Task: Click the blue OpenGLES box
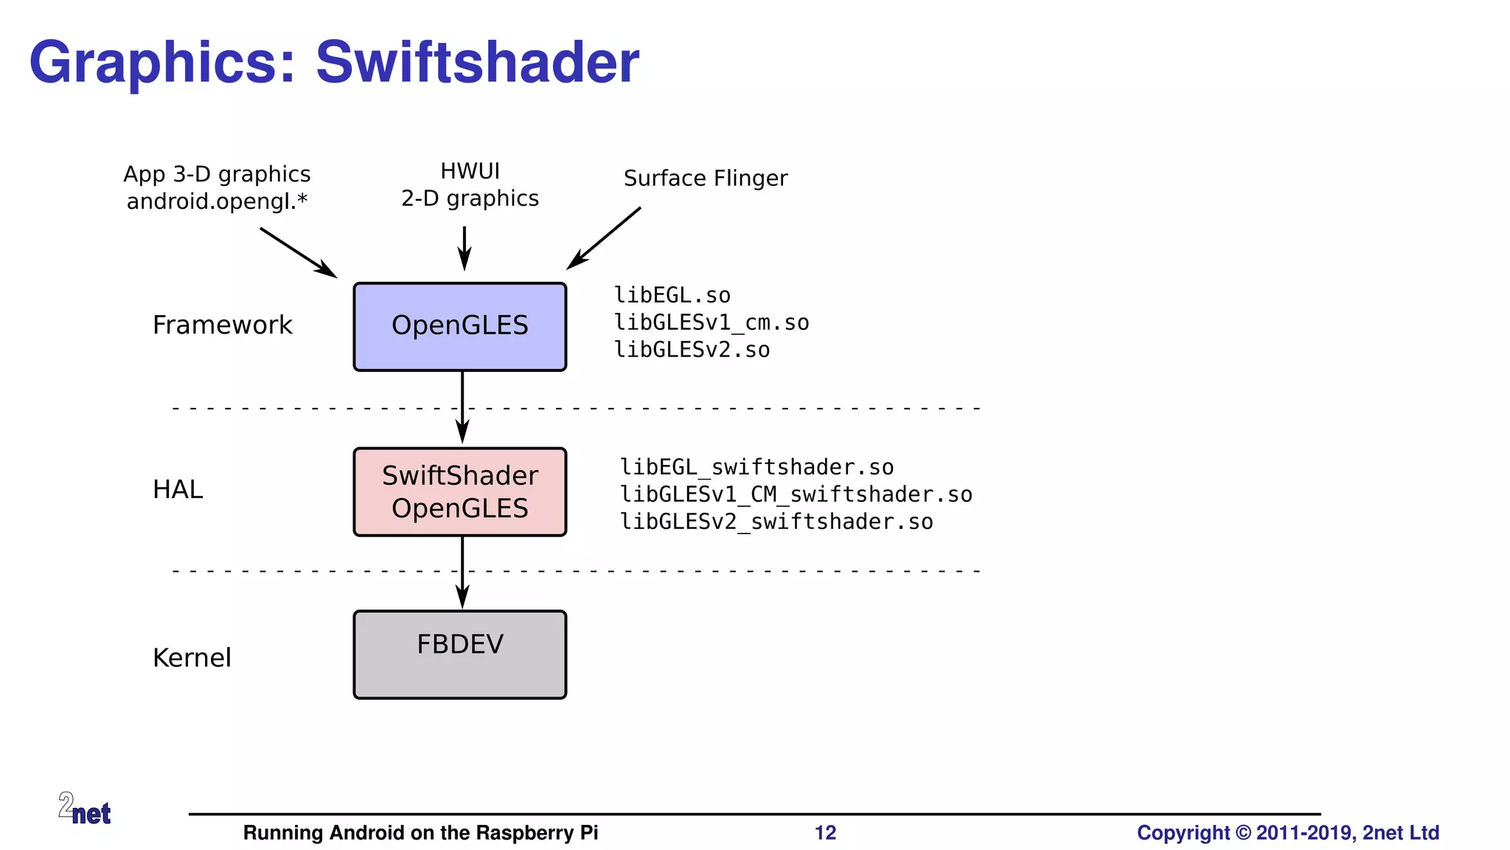pyautogui.click(x=459, y=326)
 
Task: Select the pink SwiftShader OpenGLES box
pyautogui.click(x=459, y=491)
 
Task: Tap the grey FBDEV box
pyautogui.click(x=459, y=654)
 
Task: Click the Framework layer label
pyautogui.click(x=222, y=325)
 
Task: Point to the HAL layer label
pyautogui.click(x=177, y=489)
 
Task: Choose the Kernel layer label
pyautogui.click(x=192, y=657)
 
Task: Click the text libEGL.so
pyautogui.click(x=672, y=295)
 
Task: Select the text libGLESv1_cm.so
pyautogui.click(x=711, y=322)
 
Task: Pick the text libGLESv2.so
pyautogui.click(x=692, y=350)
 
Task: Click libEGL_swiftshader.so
pyautogui.click(x=756, y=467)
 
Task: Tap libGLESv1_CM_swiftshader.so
pyautogui.click(x=796, y=494)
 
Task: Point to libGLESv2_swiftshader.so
pyautogui.click(x=776, y=522)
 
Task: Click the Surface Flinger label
pyautogui.click(x=706, y=178)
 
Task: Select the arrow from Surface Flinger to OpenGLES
pyautogui.click(x=605, y=238)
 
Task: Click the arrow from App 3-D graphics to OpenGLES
pyautogui.click(x=298, y=252)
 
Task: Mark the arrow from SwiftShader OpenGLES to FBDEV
pyautogui.click(x=462, y=572)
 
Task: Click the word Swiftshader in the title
pyautogui.click(x=477, y=62)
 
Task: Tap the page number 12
pyautogui.click(x=825, y=832)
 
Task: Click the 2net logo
pyautogui.click(x=84, y=809)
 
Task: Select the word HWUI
pyautogui.click(x=470, y=171)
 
